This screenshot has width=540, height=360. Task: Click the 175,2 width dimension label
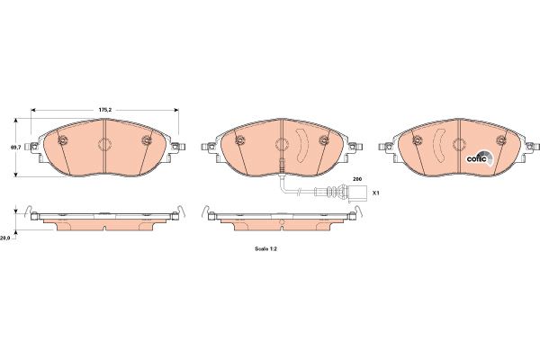click(105, 110)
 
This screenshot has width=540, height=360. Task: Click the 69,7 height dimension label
click(15, 147)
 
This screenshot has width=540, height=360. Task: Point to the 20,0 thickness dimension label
click(4, 238)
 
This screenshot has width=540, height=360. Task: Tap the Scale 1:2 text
click(265, 248)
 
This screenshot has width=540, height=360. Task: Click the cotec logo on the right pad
click(480, 158)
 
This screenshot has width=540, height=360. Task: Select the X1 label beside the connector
click(375, 193)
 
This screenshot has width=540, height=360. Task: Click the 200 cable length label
click(357, 179)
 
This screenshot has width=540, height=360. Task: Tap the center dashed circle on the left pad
click(104, 144)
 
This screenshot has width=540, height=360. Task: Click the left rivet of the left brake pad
click(63, 139)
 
